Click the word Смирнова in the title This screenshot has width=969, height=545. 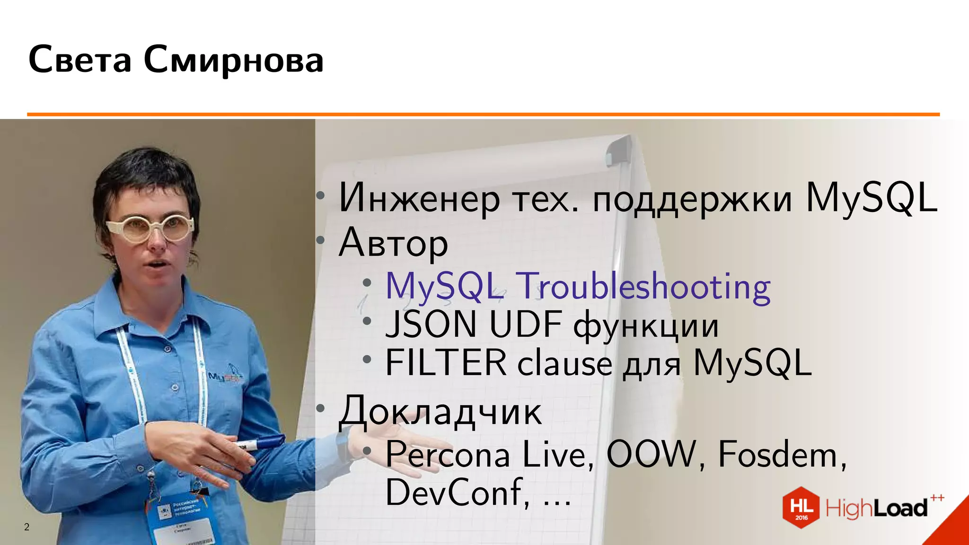pos(233,60)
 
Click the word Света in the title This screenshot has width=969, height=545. pos(79,60)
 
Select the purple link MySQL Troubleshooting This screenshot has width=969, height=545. pos(578,287)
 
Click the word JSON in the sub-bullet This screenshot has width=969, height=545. pos(431,325)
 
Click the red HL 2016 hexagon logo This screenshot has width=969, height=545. pos(801,508)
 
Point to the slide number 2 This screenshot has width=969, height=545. pos(27,527)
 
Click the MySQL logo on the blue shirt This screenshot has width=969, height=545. pos(225,376)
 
